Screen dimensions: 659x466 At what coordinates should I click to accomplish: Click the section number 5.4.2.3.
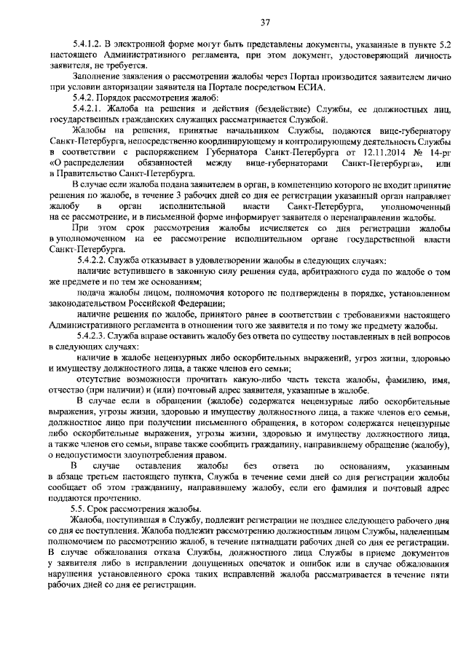96,336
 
